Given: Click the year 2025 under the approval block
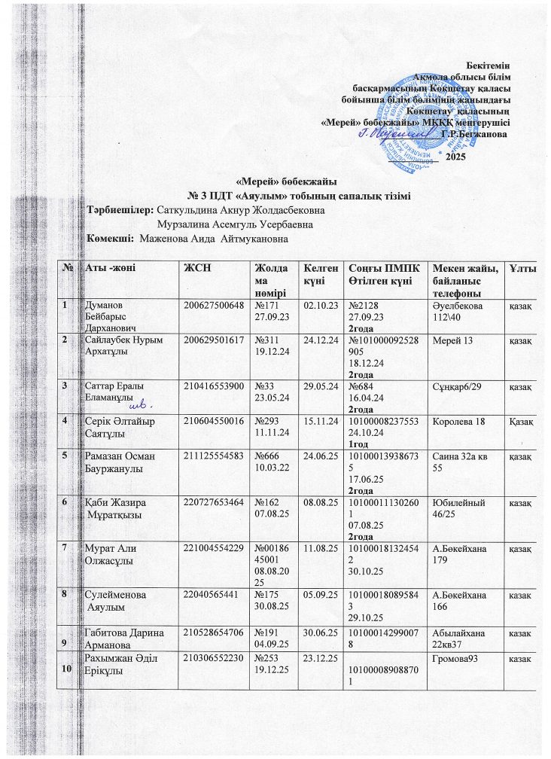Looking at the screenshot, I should (x=457, y=156).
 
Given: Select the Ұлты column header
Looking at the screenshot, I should (x=516, y=269).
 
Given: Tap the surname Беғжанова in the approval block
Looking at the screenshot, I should (x=475, y=134).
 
